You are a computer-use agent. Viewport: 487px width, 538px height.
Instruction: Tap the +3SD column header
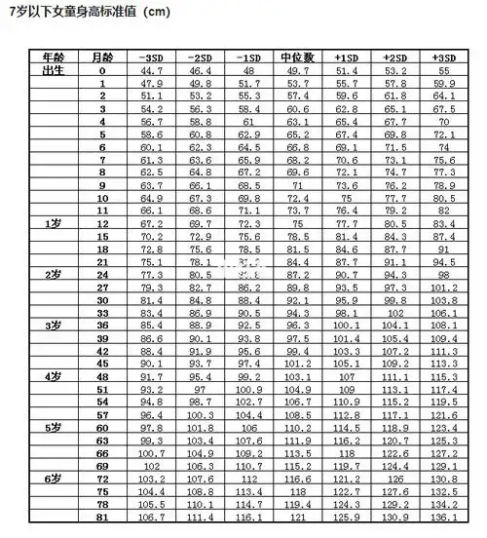[x=443, y=58]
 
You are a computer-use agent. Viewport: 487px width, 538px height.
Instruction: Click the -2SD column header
[x=200, y=58]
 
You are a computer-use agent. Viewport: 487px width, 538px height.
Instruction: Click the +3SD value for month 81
[x=443, y=517]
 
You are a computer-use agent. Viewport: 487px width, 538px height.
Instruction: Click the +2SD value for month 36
[x=394, y=325]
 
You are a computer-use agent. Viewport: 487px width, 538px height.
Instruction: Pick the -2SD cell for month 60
[x=200, y=427]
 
